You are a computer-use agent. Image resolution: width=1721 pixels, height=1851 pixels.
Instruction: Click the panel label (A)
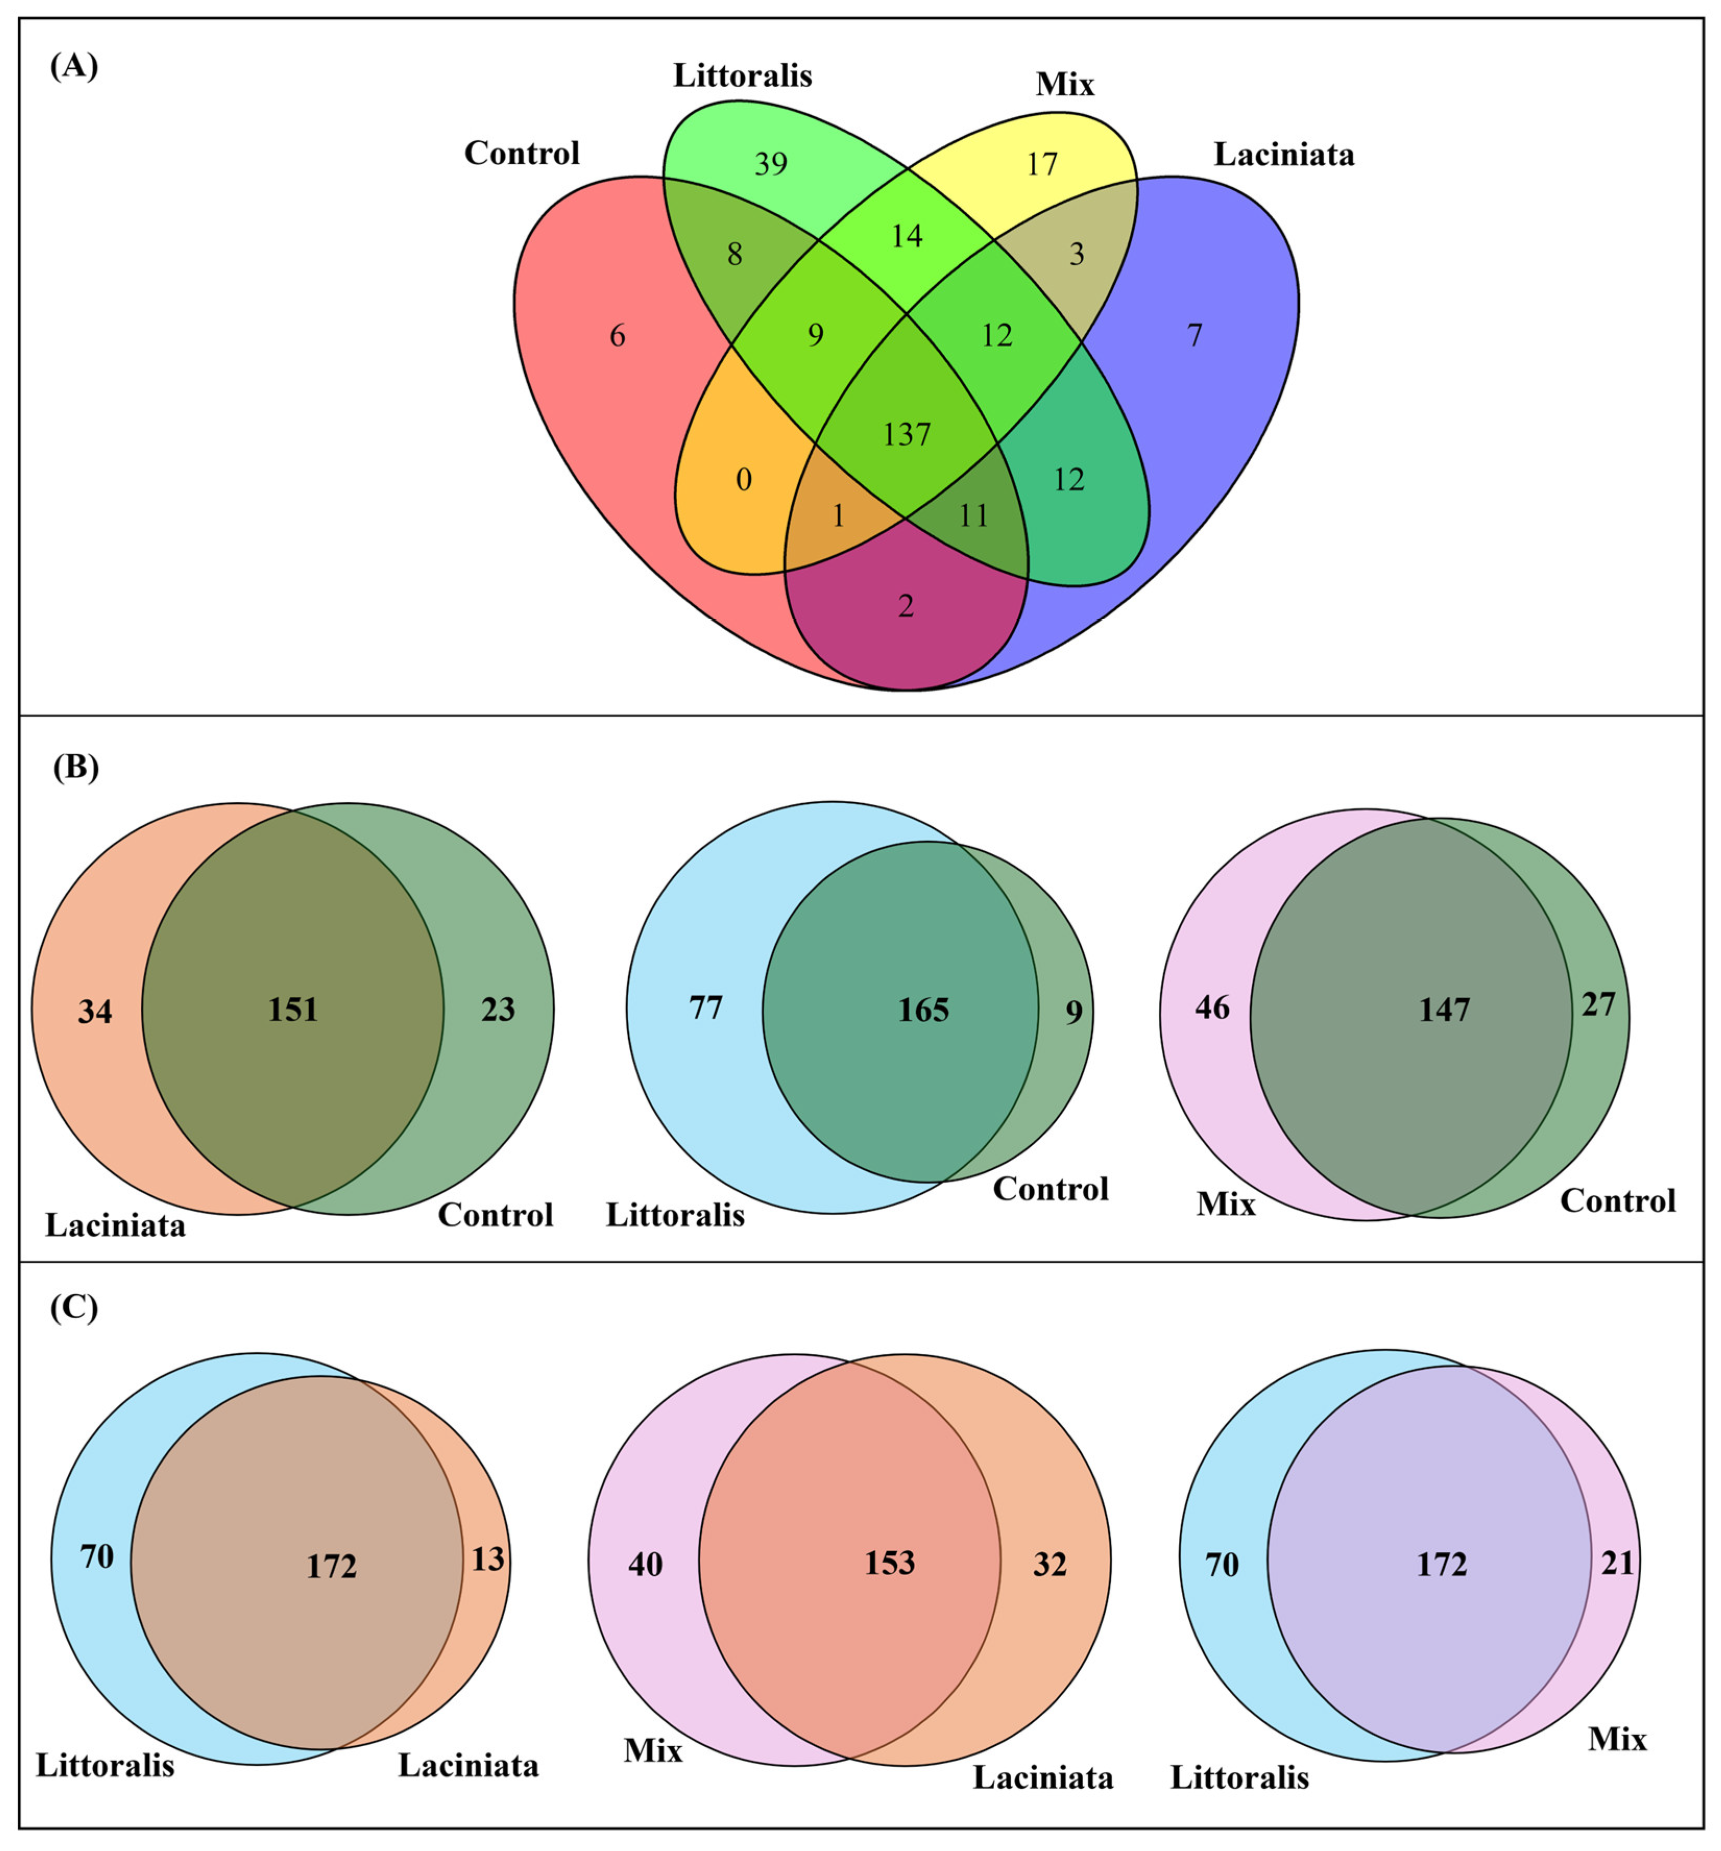pos(74,67)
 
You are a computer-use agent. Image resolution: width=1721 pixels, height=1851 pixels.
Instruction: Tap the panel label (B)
pos(76,768)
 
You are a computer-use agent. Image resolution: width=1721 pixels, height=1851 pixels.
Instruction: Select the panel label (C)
pos(74,1308)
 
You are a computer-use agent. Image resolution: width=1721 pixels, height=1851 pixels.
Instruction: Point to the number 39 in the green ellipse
pos(771,164)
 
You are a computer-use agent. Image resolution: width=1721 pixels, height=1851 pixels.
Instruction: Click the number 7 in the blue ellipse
pos(1195,335)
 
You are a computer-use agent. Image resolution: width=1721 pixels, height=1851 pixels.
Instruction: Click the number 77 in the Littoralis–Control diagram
pos(706,1008)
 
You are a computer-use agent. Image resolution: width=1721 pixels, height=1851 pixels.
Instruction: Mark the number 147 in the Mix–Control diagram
pos(1444,1010)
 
